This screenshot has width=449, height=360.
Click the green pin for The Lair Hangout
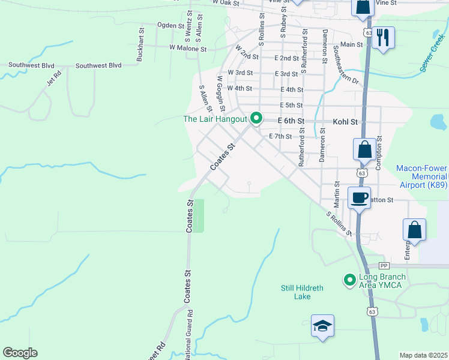pyautogui.click(x=256, y=118)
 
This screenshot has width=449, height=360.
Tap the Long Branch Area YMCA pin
pyautogui.click(x=349, y=280)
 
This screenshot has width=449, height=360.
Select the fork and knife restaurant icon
pyautogui.click(x=382, y=38)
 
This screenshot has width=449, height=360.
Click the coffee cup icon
pyautogui.click(x=359, y=197)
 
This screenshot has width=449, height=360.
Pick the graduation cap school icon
pyautogui.click(x=322, y=327)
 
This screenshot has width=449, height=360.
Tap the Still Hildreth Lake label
pyautogui.click(x=302, y=292)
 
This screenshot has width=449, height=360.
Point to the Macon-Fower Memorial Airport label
pyautogui.click(x=421, y=177)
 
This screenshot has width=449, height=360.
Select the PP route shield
pyautogui.click(x=384, y=265)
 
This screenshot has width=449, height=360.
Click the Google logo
pyautogui.click(x=20, y=353)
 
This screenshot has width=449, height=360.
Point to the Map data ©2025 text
pyautogui.click(x=423, y=355)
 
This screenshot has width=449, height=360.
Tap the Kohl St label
pyautogui.click(x=345, y=122)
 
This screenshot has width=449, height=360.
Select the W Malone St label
pyautogui.click(x=188, y=47)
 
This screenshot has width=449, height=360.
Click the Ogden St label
pyautogui.click(x=170, y=25)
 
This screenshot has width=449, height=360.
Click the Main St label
pyautogui.click(x=351, y=44)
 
